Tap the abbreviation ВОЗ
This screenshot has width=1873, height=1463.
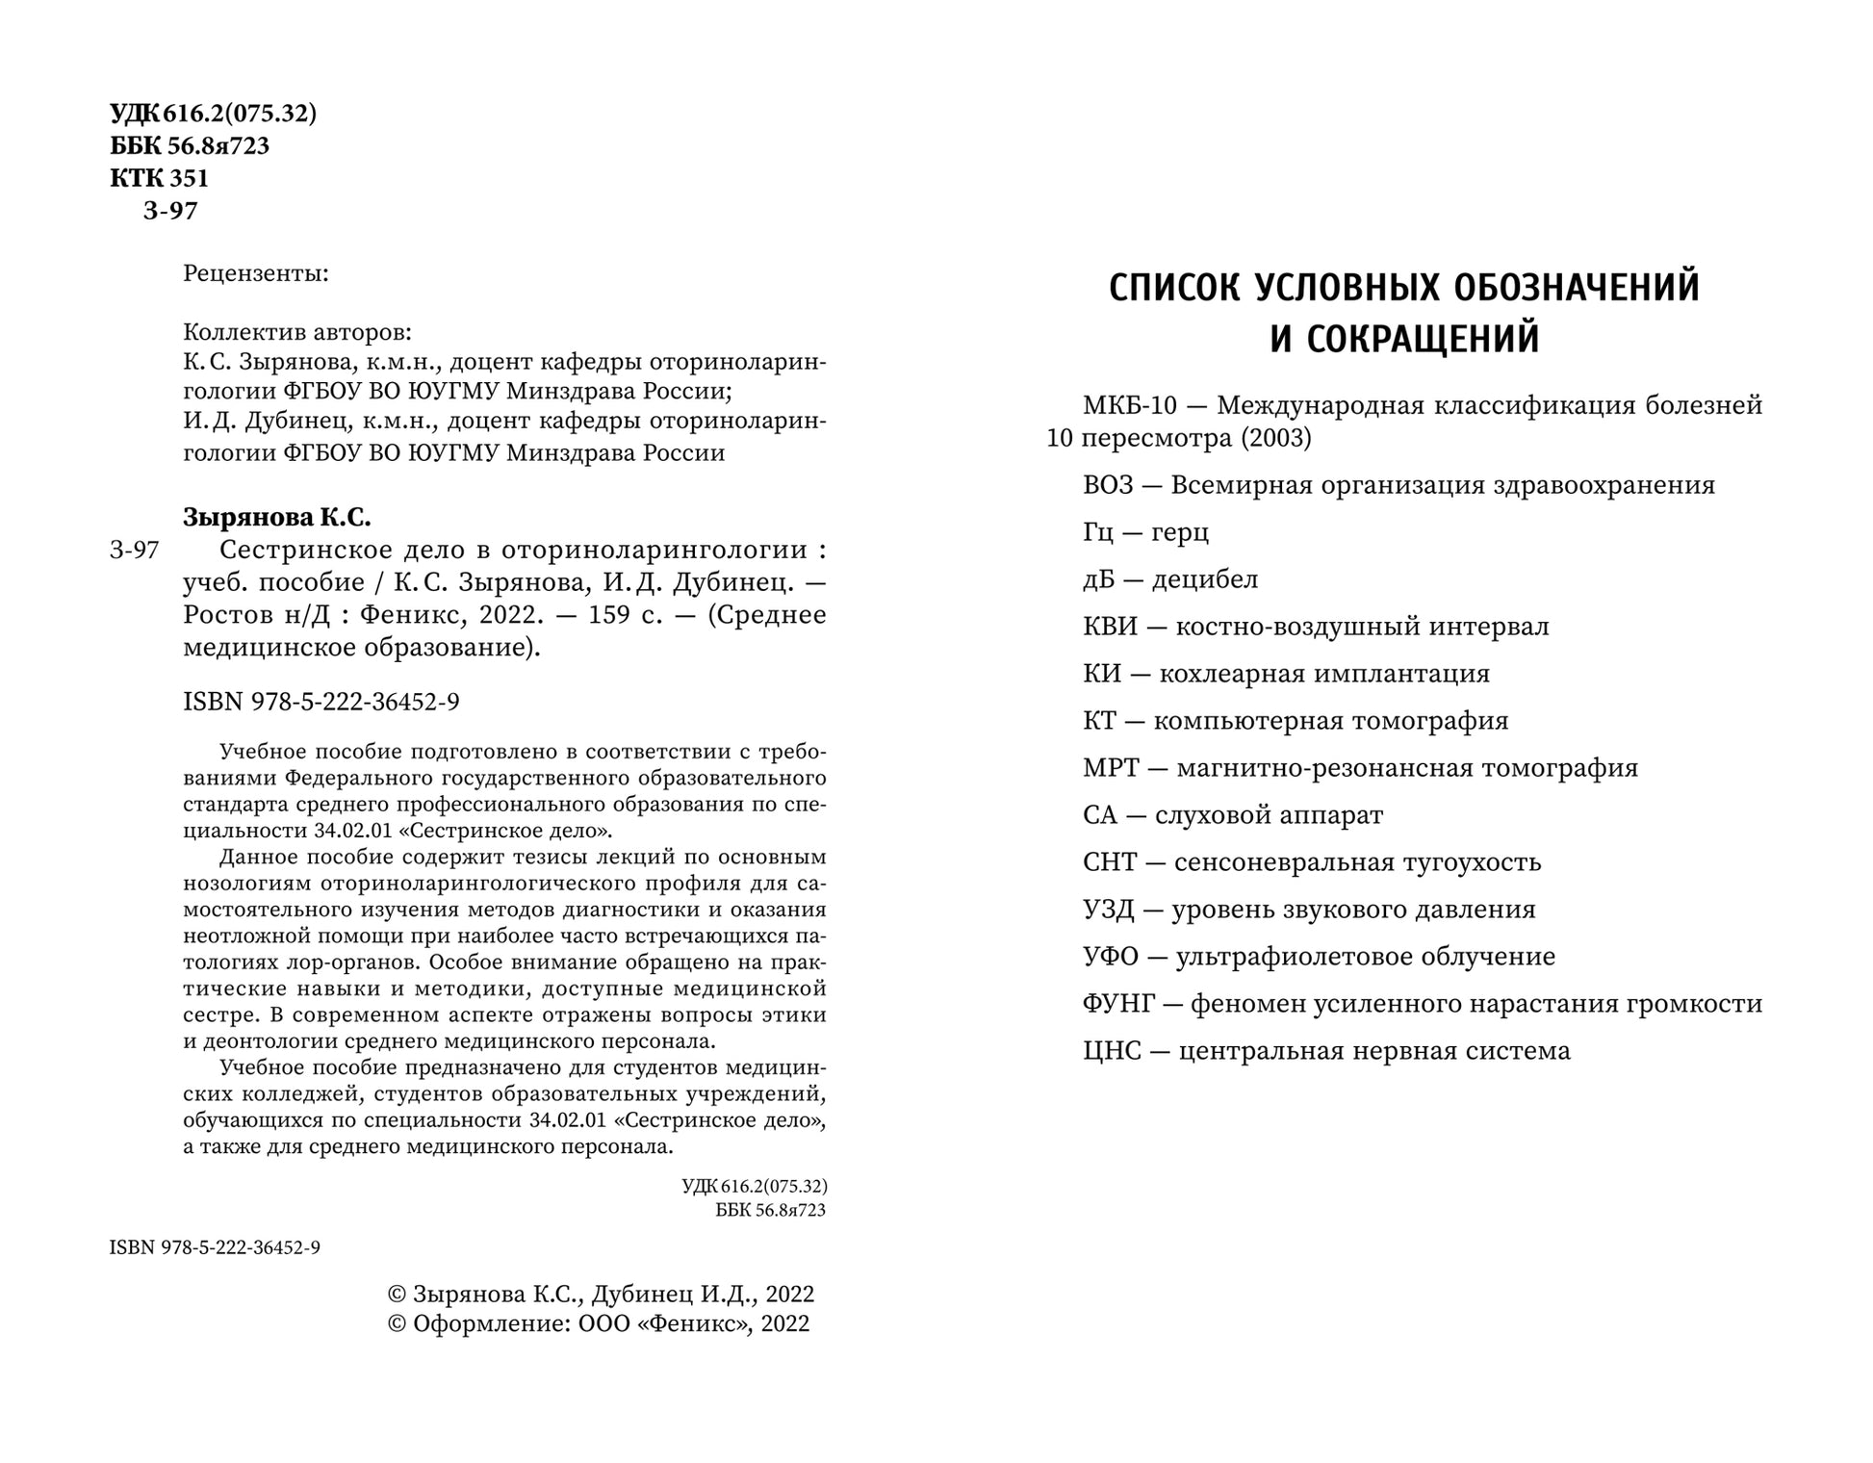point(1108,485)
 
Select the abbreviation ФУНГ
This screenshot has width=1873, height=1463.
point(1117,1004)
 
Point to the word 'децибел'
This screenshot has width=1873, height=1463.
point(1205,579)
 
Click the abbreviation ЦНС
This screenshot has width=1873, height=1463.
point(1112,1051)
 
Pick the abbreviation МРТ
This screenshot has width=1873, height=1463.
point(1111,768)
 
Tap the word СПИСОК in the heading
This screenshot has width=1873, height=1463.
point(1174,288)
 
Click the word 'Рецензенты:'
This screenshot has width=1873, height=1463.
point(256,274)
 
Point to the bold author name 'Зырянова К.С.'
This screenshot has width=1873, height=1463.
point(276,517)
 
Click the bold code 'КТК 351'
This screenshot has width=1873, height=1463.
point(160,178)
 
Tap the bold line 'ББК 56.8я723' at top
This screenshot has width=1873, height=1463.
point(190,146)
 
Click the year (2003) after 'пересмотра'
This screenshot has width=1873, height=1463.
point(1275,439)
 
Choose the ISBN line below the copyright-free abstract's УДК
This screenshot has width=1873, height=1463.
point(215,1248)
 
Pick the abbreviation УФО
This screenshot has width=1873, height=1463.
point(1110,957)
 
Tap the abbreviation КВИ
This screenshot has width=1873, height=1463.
point(1110,627)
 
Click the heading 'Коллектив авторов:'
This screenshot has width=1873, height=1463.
point(296,333)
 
